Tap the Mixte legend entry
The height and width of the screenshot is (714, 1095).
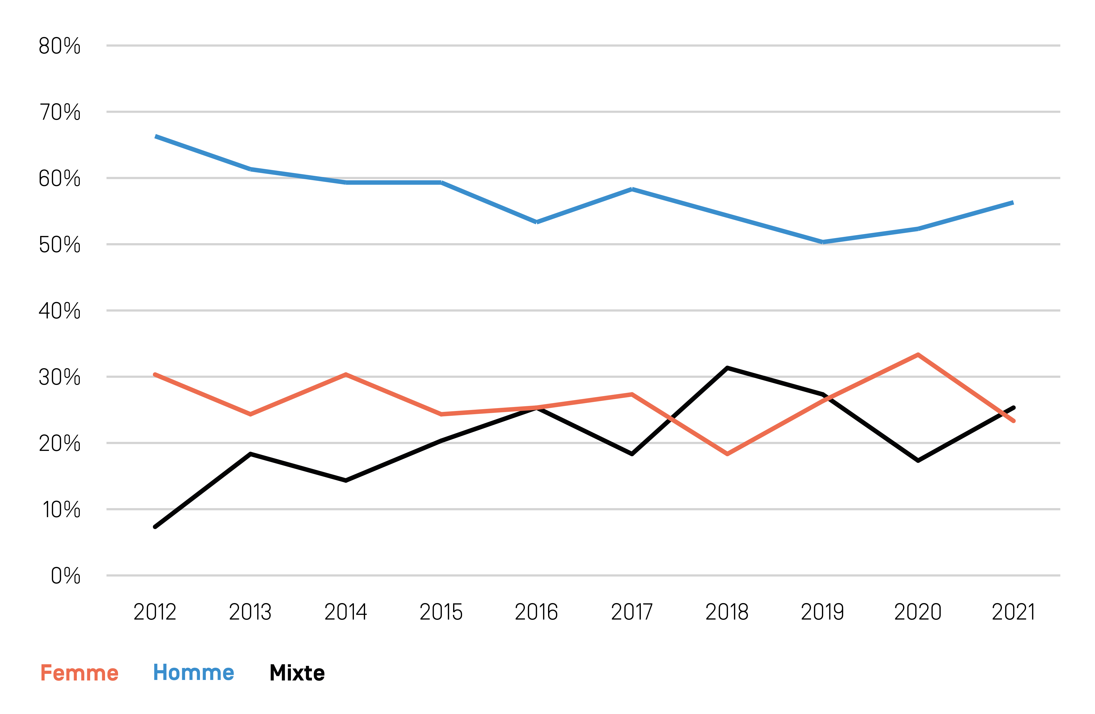coord(297,673)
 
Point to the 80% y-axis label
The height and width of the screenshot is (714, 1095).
coord(59,47)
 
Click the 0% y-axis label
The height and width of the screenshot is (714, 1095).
coord(65,576)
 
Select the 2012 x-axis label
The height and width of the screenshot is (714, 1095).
coord(155,612)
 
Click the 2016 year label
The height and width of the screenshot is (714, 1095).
coord(536,612)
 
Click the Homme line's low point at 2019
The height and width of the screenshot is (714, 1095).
coord(823,242)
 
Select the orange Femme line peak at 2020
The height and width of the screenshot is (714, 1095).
coord(918,354)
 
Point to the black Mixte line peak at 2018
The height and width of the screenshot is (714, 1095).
coord(727,368)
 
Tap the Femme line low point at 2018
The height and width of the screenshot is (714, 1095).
coord(727,454)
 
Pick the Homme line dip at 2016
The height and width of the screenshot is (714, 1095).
coord(536,222)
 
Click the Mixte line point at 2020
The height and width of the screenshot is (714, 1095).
coord(918,460)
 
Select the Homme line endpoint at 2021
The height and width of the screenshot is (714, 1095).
coord(1013,202)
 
